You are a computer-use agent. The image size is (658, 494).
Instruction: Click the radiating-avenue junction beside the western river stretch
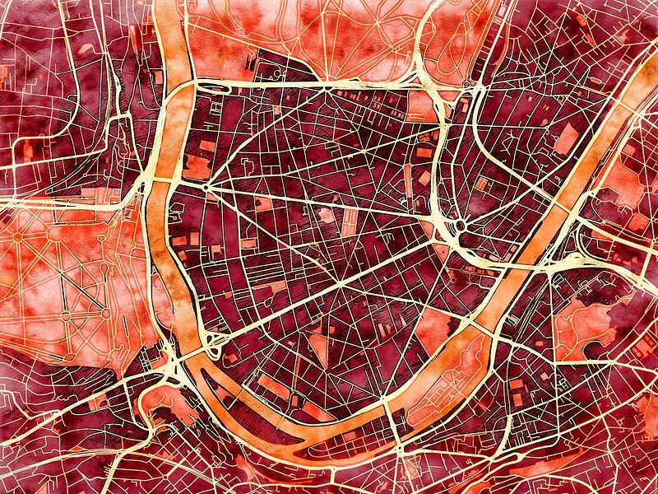[x=205, y=186]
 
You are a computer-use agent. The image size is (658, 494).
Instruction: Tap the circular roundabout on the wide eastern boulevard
[x=460, y=225]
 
